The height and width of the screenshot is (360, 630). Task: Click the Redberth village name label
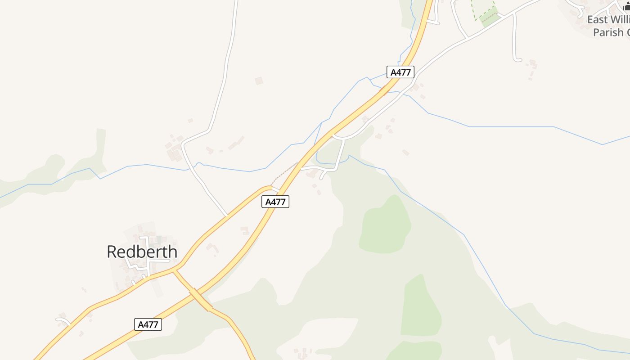click(142, 252)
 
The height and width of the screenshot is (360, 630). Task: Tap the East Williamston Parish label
click(607, 26)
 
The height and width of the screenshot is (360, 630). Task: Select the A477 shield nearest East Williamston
click(400, 72)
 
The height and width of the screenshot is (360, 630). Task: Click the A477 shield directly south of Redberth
click(148, 324)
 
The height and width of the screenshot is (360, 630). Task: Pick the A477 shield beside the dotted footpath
click(275, 202)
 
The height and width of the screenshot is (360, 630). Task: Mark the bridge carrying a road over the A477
click(200, 300)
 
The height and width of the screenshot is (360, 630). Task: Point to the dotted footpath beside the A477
click(284, 173)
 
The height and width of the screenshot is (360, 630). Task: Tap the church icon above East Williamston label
click(626, 6)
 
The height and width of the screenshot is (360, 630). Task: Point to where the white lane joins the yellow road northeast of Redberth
click(227, 216)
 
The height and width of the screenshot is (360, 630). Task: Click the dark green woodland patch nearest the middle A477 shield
click(385, 225)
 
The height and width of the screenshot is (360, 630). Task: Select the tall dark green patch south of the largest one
click(421, 306)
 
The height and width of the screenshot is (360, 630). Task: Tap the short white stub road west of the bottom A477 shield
click(63, 320)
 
